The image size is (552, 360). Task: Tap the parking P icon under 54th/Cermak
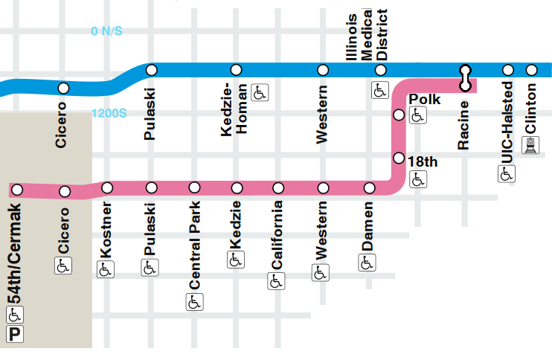point(15,335)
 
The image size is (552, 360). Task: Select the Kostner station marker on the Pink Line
point(106,187)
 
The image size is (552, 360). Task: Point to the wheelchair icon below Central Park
point(194,302)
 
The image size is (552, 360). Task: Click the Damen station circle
point(368,187)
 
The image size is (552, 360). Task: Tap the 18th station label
point(423,160)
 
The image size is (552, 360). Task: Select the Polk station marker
point(399,115)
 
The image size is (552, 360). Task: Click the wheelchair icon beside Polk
point(418,115)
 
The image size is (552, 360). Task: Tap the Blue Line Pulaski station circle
point(152,70)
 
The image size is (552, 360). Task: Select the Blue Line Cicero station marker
point(63,88)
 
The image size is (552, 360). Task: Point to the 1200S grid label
point(110,115)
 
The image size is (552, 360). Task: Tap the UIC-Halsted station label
point(507,123)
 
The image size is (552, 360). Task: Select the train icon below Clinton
point(531,146)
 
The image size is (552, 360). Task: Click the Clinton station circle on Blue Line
point(531,70)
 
